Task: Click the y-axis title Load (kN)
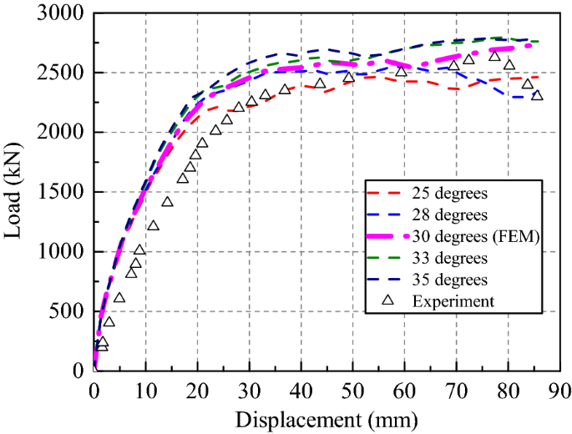14,191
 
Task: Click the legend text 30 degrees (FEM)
477,237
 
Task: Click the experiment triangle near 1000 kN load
139,250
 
